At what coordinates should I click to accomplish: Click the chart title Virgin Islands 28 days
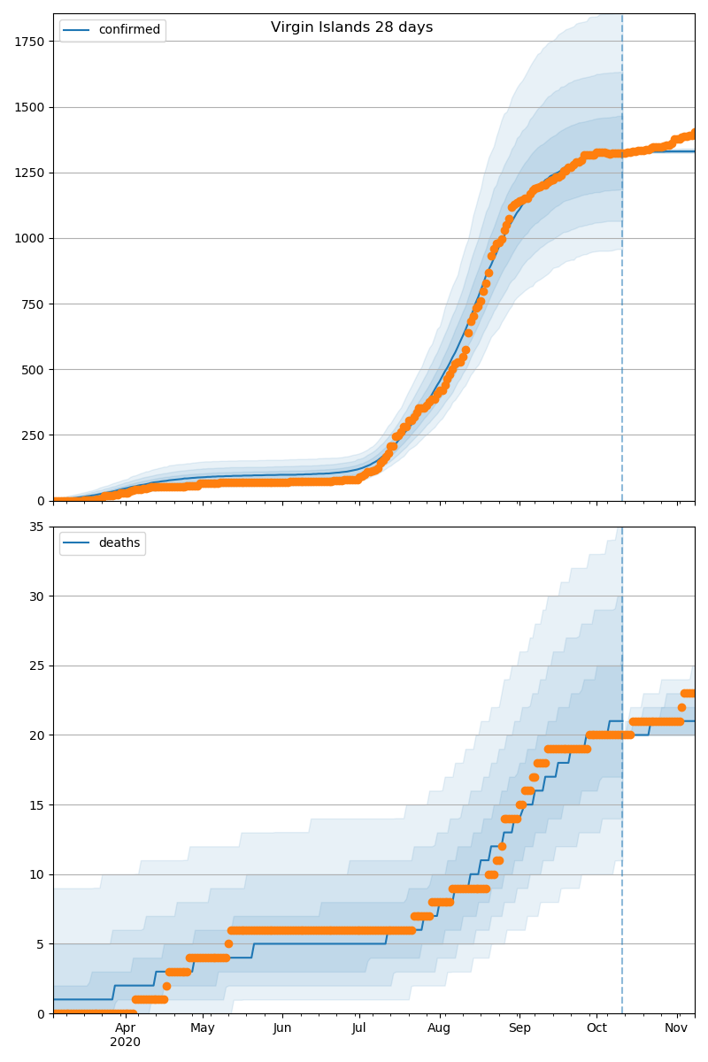[351, 27]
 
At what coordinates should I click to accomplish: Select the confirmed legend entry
[112, 30]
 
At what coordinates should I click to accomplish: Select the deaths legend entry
[103, 543]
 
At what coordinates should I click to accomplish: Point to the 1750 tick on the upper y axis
[30, 42]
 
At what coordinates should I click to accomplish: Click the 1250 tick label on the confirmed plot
[30, 173]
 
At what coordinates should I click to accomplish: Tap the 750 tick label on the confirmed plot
[34, 304]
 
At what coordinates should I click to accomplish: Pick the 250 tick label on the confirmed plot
[34, 435]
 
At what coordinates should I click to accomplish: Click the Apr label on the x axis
[125, 1027]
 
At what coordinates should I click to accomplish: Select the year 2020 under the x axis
[125, 1042]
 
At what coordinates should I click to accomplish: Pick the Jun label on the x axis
[282, 1027]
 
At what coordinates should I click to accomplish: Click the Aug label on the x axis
[439, 1027]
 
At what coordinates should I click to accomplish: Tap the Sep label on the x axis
[519, 1027]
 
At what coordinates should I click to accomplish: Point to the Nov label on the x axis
[676, 1027]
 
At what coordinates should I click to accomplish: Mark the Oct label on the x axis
[596, 1027]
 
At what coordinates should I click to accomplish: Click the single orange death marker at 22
[681, 707]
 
